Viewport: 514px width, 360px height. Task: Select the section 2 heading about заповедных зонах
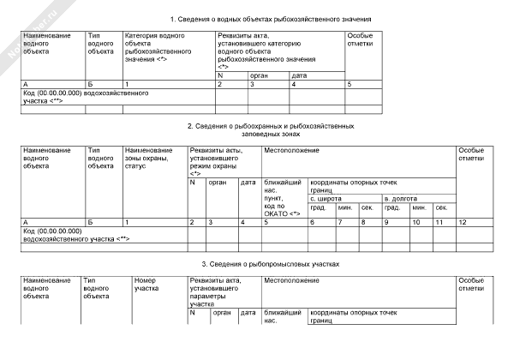coord(271,129)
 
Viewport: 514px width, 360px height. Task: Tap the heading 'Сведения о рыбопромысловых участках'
coord(271,263)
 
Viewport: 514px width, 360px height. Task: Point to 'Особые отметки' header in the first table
coord(360,40)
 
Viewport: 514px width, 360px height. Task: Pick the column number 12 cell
coord(462,222)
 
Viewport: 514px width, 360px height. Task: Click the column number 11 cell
coord(439,222)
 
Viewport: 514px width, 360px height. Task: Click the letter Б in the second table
coord(90,222)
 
